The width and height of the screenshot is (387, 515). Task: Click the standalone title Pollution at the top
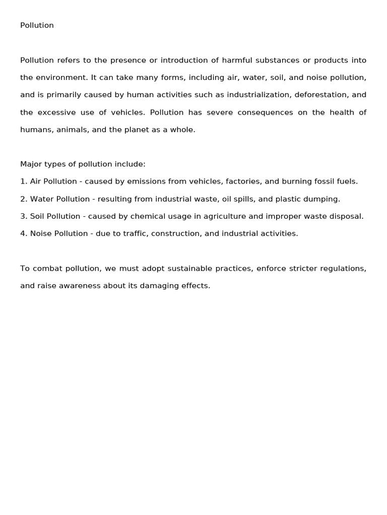(37, 26)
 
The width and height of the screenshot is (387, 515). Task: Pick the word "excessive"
(55, 113)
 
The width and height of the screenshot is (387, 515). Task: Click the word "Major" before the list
(31, 164)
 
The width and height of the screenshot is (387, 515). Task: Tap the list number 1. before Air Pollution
(23, 182)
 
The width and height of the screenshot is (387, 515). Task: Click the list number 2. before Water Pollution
(24, 199)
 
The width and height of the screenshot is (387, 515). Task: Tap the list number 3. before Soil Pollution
(24, 216)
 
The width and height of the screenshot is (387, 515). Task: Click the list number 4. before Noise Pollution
(24, 234)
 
